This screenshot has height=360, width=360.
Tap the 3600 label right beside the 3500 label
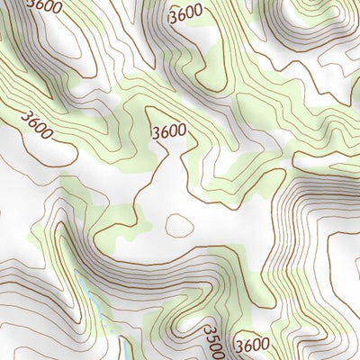(252, 345)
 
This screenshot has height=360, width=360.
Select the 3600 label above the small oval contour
(169, 130)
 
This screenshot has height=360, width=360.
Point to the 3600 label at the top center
(185, 13)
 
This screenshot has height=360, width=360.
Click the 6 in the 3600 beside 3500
(247, 345)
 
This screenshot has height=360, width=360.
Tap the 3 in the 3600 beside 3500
(238, 346)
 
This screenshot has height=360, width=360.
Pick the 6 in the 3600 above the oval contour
(165, 130)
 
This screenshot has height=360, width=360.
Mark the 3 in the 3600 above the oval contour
(157, 131)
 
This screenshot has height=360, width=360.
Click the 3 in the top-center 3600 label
(173, 14)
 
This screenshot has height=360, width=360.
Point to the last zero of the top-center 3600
(198, 13)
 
